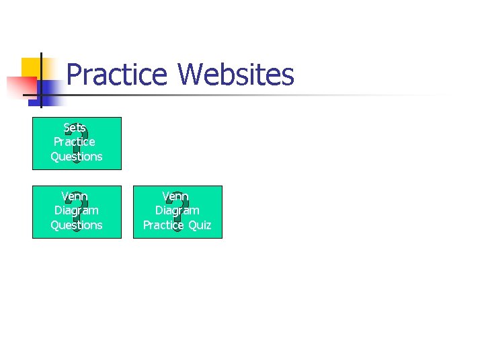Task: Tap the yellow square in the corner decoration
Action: pyautogui.click(x=30, y=67)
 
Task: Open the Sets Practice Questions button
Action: pyautogui.click(x=77, y=143)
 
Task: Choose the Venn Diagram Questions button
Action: pyautogui.click(x=77, y=211)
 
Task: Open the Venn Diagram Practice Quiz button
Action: pyautogui.click(x=177, y=211)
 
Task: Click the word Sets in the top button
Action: pyautogui.click(x=75, y=128)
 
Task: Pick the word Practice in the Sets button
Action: pyautogui.click(x=75, y=142)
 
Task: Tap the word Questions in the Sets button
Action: pyautogui.click(x=77, y=157)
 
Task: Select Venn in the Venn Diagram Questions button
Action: pyautogui.click(x=75, y=196)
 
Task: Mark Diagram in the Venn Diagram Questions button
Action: pyautogui.click(x=77, y=210)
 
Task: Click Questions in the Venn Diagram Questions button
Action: pyautogui.click(x=77, y=225)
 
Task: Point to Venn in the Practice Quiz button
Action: pyautogui.click(x=175, y=196)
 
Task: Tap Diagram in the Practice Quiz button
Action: pyautogui.click(x=177, y=210)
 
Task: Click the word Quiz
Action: pyautogui.click(x=200, y=225)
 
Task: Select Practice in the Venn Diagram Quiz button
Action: pyautogui.click(x=163, y=225)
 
